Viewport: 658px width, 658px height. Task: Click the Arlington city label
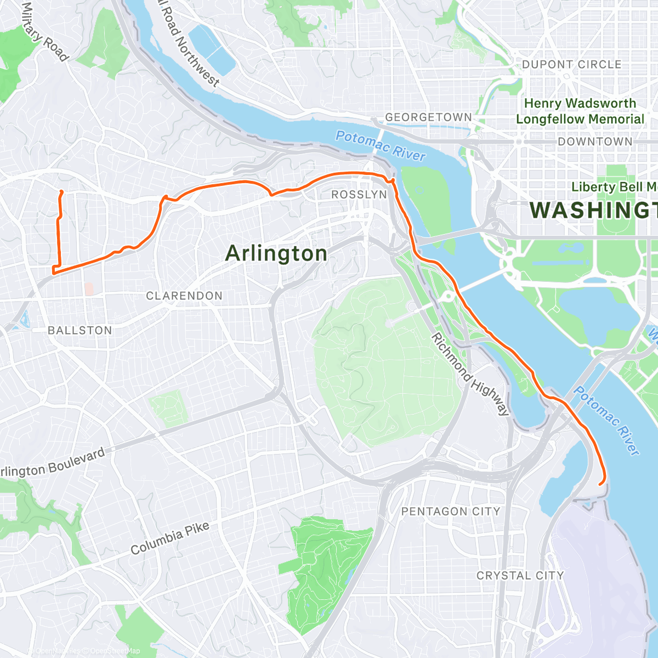[276, 253]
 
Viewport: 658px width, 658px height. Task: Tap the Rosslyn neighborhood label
[359, 195]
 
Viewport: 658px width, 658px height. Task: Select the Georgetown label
[428, 117]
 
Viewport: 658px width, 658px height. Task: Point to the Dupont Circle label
[571, 65]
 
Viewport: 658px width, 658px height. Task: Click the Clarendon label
[184, 296]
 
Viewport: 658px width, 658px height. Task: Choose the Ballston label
[80, 331]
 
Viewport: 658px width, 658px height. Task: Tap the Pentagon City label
[451, 512]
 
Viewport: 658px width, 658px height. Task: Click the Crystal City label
[520, 576]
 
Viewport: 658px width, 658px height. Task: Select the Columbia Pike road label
[170, 538]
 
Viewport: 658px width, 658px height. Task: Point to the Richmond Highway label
[470, 374]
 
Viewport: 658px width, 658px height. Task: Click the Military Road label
[46, 32]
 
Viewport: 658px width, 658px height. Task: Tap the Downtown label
[595, 142]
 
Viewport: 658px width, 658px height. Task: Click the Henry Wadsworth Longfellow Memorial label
[580, 111]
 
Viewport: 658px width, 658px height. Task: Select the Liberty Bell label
[614, 187]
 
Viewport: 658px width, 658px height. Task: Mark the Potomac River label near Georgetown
[381, 146]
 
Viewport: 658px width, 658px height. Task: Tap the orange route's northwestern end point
[60, 191]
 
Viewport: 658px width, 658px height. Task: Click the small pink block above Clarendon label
[89, 288]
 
